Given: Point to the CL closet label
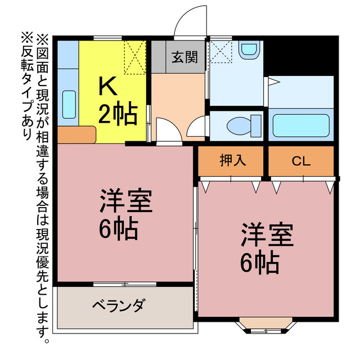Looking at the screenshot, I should [x=300, y=161].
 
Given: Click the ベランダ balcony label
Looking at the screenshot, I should [x=119, y=307].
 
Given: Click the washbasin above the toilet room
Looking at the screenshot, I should [x=248, y=50].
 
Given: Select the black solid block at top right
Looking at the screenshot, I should [x=301, y=56].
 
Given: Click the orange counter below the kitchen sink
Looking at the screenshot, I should [x=76, y=135].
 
